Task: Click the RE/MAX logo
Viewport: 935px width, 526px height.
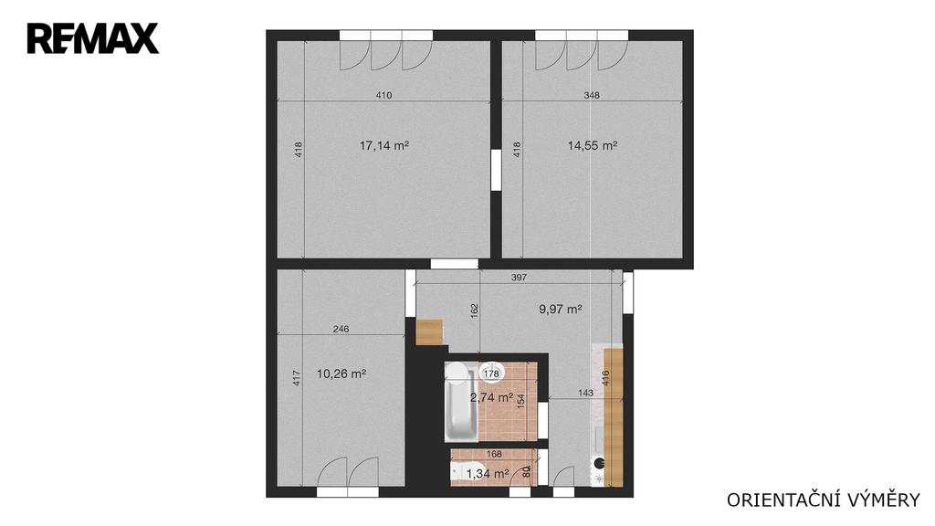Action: point(93,38)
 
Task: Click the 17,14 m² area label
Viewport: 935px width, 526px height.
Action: point(384,145)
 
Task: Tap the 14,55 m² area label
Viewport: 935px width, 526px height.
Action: point(592,145)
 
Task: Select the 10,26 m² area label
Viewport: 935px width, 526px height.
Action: point(341,373)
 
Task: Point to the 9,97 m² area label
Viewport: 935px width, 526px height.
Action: point(561,309)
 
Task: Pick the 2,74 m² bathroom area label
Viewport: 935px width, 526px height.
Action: point(492,397)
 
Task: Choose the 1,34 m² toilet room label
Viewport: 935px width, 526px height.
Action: point(488,474)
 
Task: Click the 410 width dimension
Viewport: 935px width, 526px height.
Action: point(384,95)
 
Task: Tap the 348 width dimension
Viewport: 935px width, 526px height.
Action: point(592,95)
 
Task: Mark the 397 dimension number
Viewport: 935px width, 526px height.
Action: point(519,278)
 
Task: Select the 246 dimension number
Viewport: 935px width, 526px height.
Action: point(341,329)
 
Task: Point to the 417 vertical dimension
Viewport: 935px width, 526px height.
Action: point(297,378)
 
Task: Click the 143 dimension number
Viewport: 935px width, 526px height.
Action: point(585,393)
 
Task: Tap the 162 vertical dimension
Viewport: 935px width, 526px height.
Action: point(475,310)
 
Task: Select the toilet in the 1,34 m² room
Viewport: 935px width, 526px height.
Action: point(467,472)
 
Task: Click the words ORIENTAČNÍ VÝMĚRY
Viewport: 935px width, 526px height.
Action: point(824,500)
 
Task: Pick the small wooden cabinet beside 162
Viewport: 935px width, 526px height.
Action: point(429,332)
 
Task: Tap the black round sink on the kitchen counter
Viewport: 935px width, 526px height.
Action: point(599,462)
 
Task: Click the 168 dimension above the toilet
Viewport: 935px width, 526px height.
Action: point(494,454)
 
